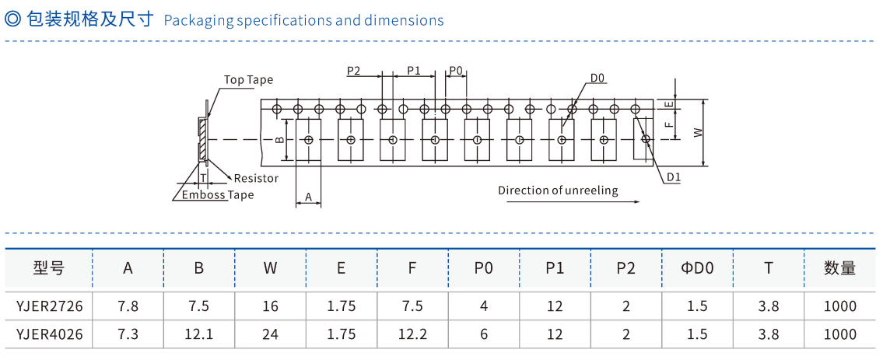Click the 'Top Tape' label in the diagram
pos(248,79)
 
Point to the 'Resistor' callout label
pos(256,178)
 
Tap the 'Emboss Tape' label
pos(218,195)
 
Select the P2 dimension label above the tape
pos(353,71)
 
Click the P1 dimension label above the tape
pos(414,71)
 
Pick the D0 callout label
pos(597,78)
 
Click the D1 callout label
pos(673,177)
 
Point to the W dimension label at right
pos(698,133)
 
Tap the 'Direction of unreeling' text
pos(558,190)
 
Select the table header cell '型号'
pos(49,268)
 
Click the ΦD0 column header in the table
pos(696,268)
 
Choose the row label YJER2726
pos(49,306)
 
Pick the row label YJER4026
pos(49,334)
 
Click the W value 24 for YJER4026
pos(270,334)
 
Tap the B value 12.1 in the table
pos(199,334)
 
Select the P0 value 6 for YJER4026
pos(484,334)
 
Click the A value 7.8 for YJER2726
pos(128,306)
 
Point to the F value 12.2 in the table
pos(412,334)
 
